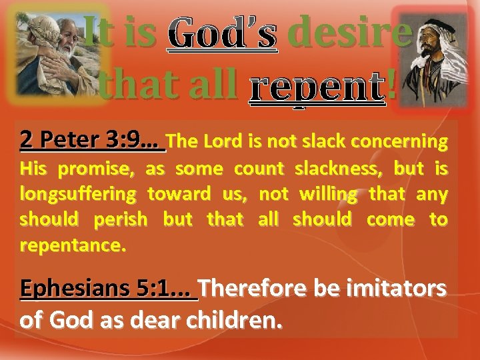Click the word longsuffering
pos(78,194)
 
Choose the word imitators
pos(393,289)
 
